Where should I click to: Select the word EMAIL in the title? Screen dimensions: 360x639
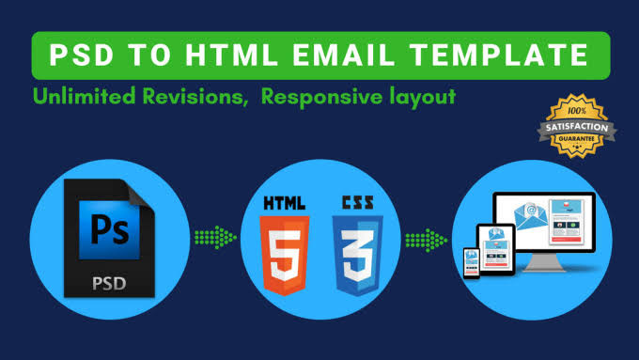(x=347, y=55)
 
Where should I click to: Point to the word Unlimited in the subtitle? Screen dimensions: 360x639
(x=81, y=97)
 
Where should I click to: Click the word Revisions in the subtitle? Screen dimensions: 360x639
(x=188, y=97)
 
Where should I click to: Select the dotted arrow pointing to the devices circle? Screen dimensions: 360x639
(x=425, y=241)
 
